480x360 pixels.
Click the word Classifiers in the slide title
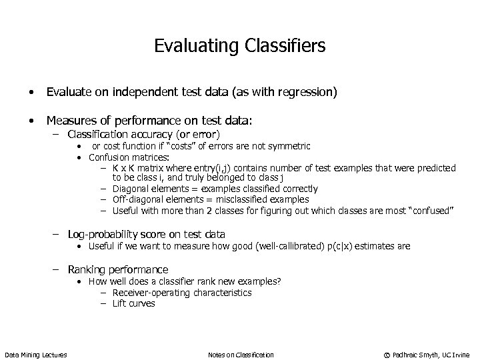[286, 46]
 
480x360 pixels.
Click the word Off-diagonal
[139, 199]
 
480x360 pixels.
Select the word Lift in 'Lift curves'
[119, 303]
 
